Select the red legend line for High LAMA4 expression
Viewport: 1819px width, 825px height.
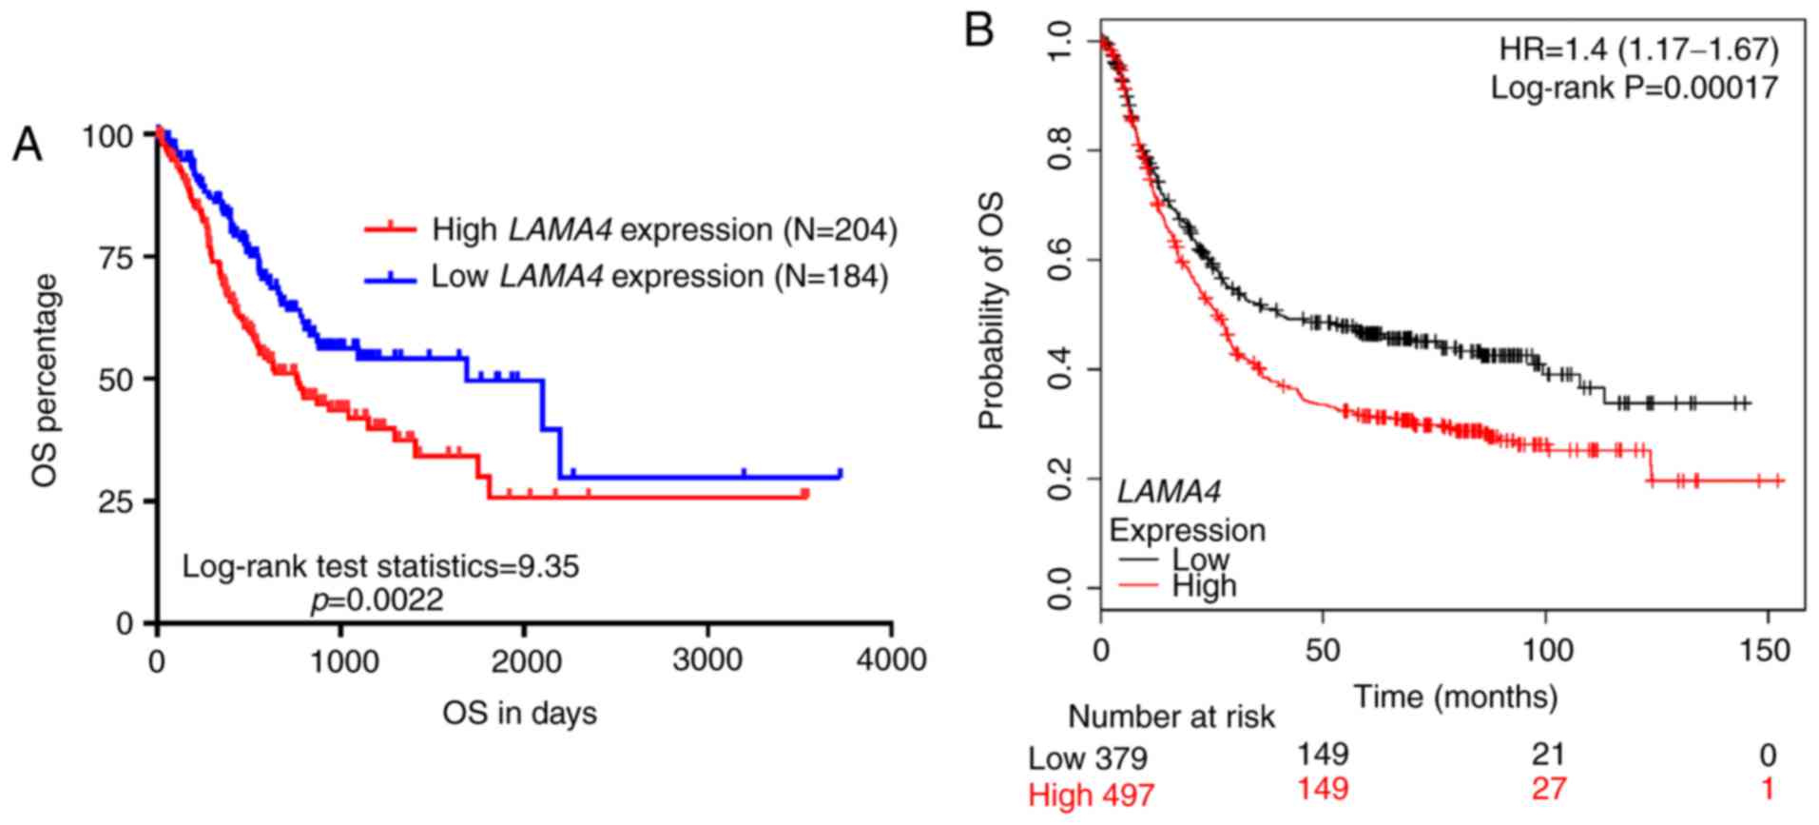390,229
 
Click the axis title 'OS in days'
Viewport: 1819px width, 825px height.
519,713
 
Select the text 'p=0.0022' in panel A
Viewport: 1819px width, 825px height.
377,600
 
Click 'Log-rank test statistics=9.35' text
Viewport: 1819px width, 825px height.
380,566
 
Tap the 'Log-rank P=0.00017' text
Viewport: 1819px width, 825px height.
1634,88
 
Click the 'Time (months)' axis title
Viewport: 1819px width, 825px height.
1455,697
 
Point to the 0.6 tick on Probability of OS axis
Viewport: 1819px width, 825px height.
1059,260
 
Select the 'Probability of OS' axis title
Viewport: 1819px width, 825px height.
991,311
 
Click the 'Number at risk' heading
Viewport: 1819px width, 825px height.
1171,717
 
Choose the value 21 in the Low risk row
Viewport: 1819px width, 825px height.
1548,755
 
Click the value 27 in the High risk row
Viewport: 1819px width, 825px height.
1548,789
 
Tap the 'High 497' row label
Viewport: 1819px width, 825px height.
1091,795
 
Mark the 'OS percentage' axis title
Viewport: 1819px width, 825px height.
44,381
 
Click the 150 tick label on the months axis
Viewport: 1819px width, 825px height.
1767,651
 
